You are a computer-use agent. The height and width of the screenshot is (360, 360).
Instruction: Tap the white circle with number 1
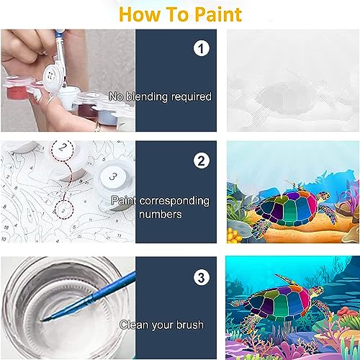[x=202, y=48]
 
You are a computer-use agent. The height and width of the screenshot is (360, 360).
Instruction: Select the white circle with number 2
[x=202, y=159]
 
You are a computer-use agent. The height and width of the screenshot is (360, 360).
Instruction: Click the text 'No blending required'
[x=160, y=96]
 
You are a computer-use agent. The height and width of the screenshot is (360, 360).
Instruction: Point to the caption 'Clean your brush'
[x=161, y=325]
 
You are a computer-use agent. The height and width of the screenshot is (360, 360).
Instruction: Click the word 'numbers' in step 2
[x=161, y=214]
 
